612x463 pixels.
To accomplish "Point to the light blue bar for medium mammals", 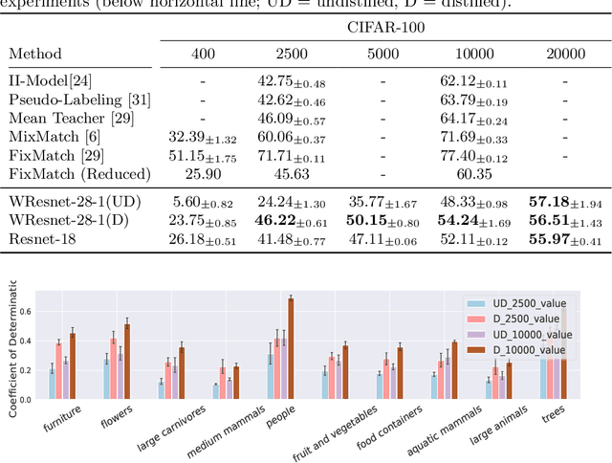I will [216, 391].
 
